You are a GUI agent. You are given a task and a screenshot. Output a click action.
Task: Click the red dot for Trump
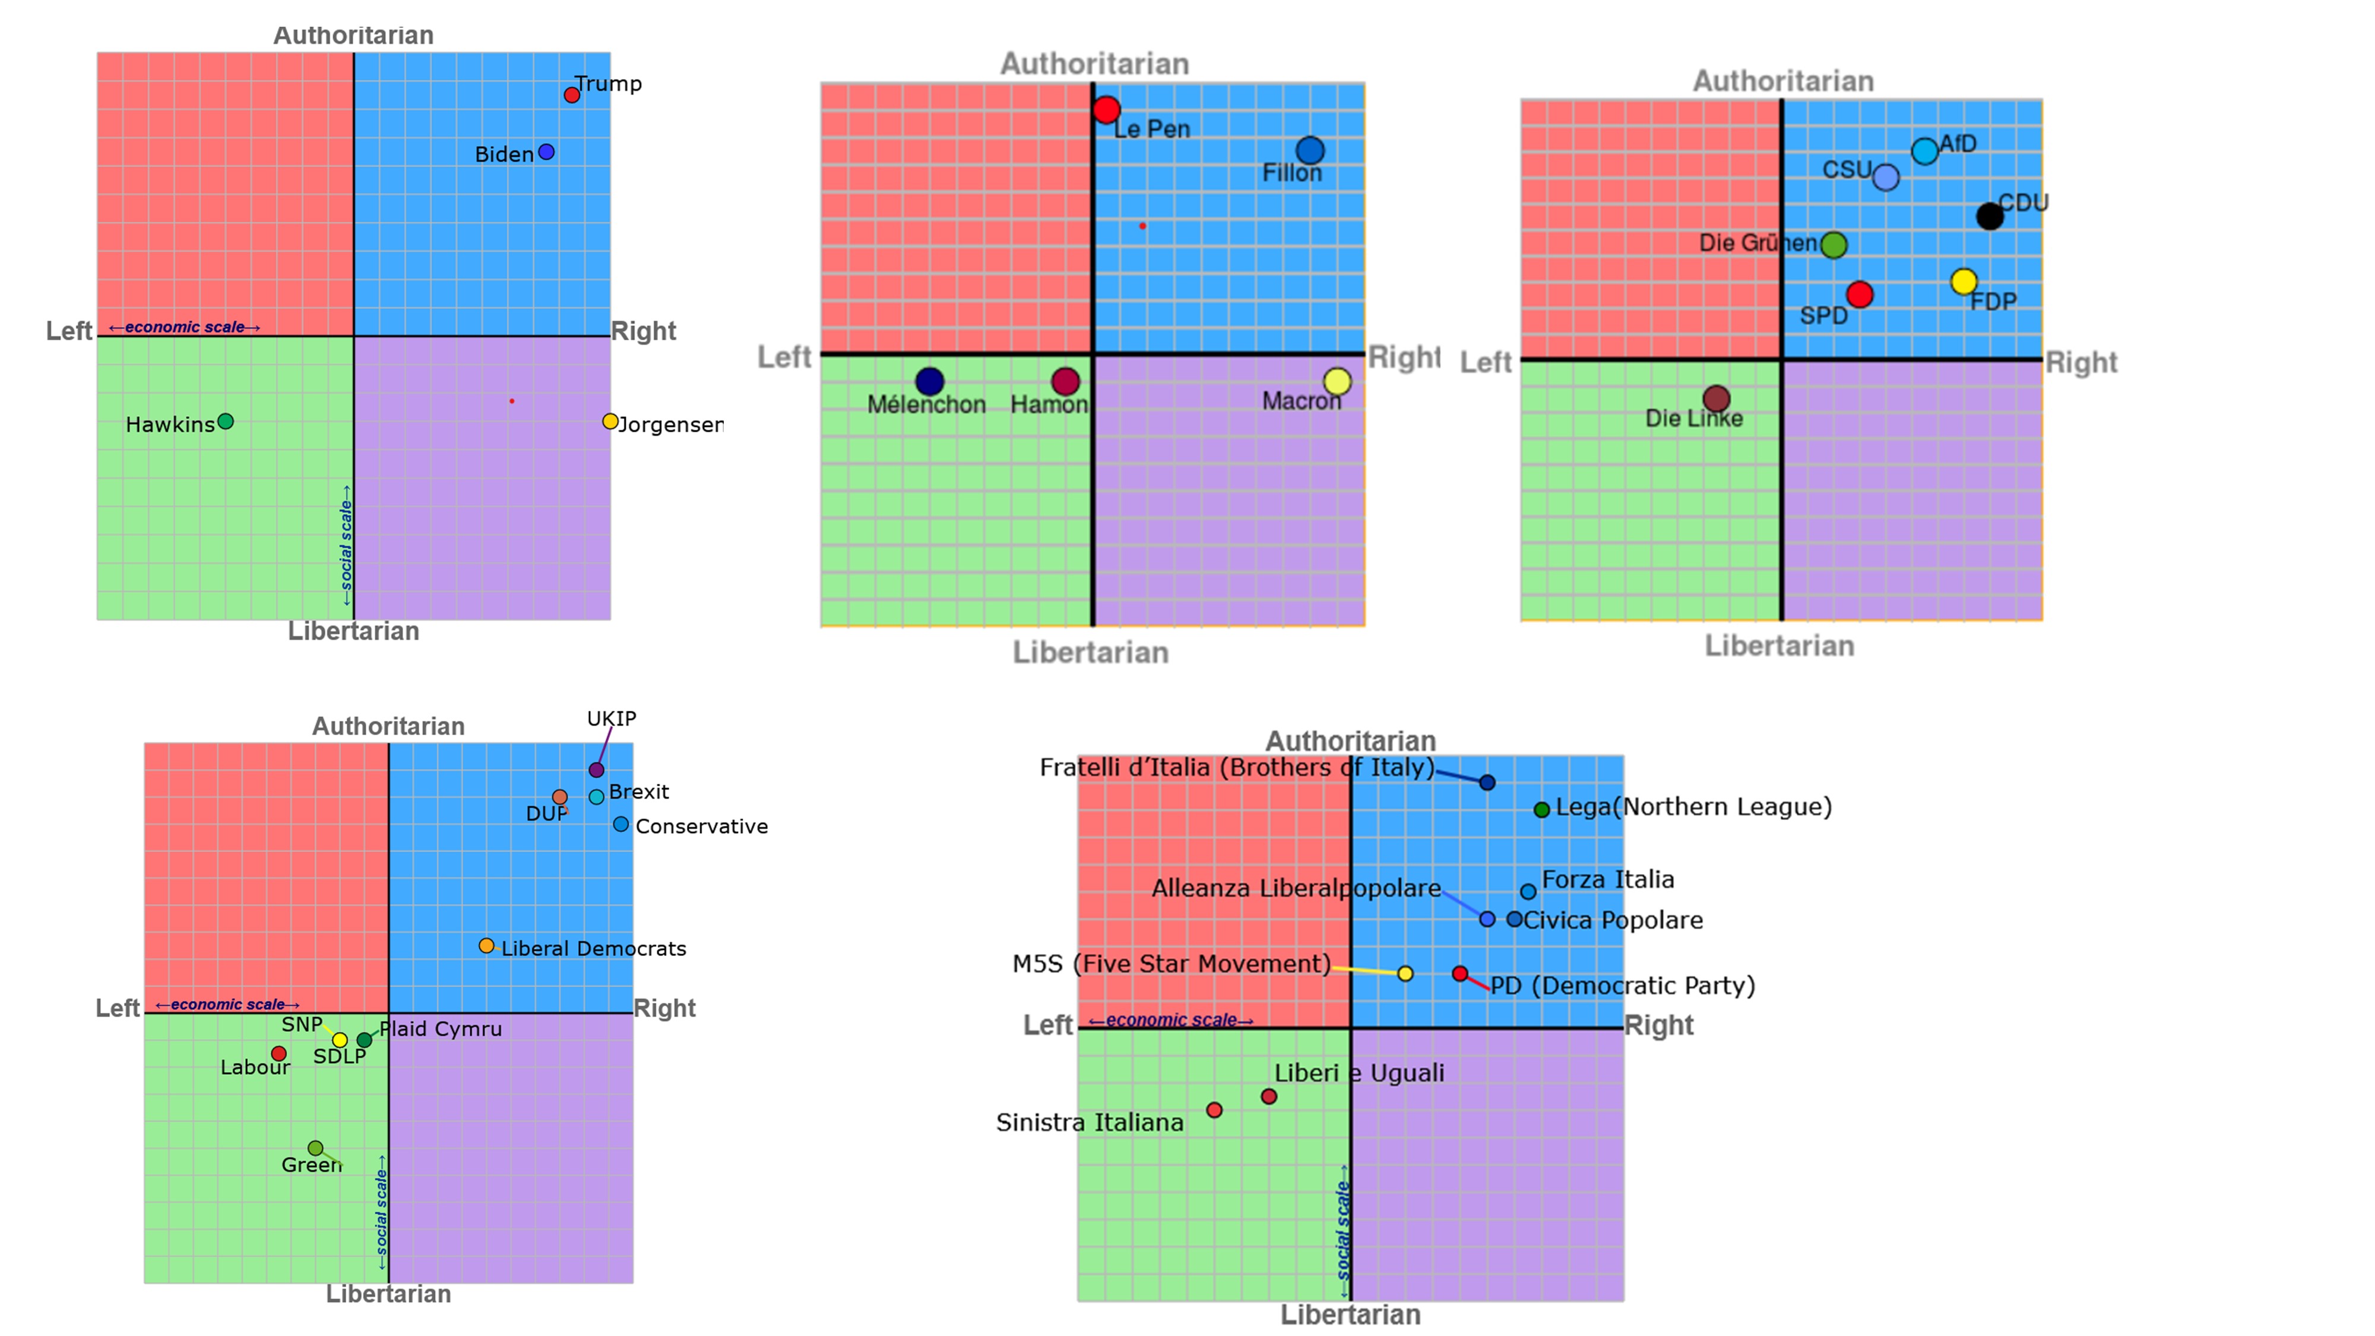(572, 95)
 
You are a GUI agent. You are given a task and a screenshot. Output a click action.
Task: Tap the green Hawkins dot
(226, 422)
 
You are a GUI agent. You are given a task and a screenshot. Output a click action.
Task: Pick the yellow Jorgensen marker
(609, 422)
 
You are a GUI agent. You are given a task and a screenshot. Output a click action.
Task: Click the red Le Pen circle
(1106, 110)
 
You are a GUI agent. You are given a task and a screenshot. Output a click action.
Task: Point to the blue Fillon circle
(1310, 150)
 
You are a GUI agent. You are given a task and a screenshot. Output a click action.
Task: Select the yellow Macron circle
(1337, 381)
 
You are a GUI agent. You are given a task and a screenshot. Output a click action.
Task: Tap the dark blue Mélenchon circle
(929, 381)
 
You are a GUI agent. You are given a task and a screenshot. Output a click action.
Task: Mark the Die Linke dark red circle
(1716, 398)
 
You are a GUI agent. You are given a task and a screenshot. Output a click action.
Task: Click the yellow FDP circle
(1964, 281)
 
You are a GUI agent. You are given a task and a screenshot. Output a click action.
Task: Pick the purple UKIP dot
(597, 770)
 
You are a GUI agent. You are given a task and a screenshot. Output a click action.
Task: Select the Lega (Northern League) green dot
(1541, 809)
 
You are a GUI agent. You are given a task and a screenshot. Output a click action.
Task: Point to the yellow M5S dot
(1405, 974)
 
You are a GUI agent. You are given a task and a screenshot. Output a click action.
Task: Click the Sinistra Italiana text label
(1089, 1122)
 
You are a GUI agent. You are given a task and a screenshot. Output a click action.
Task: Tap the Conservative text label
(702, 826)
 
